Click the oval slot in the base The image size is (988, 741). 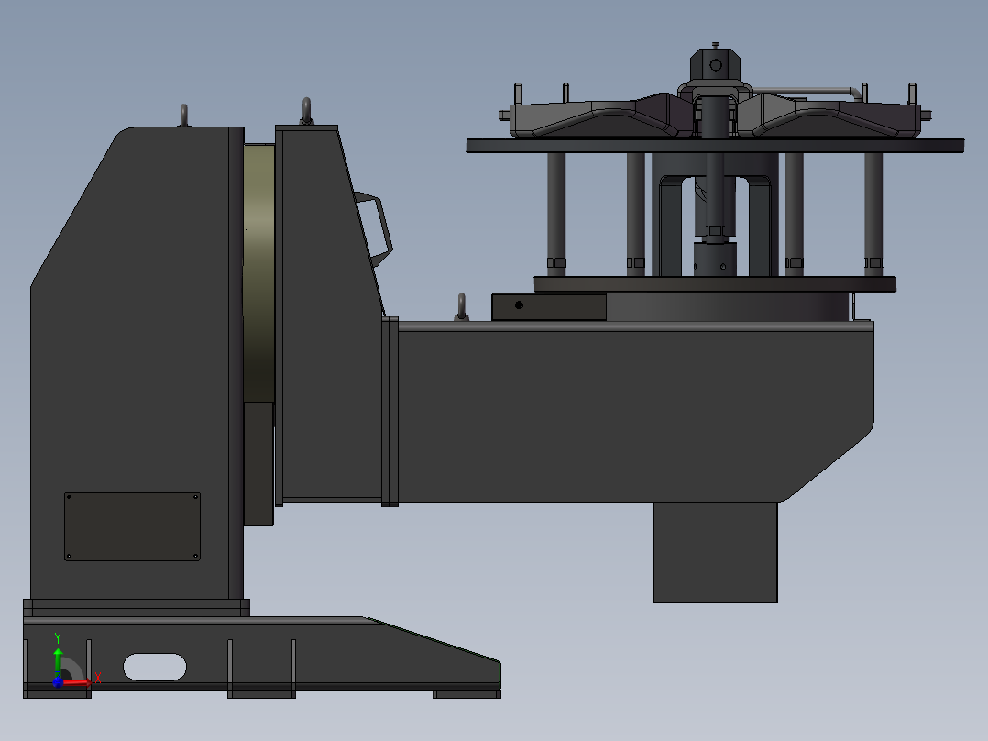tap(155, 667)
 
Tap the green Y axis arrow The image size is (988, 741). tap(58, 658)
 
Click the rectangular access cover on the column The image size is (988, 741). tap(132, 526)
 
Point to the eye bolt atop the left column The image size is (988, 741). tap(184, 116)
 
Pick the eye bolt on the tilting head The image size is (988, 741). tap(306, 111)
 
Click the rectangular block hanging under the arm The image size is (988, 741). tap(715, 552)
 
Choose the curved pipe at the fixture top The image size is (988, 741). tap(816, 91)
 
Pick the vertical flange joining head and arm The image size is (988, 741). tap(390, 411)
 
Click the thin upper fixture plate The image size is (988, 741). tap(715, 145)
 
